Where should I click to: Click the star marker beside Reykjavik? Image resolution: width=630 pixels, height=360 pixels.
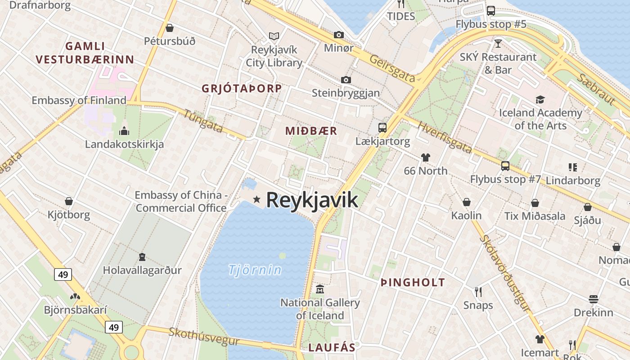[256, 199]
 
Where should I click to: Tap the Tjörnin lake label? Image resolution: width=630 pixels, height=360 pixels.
[255, 270]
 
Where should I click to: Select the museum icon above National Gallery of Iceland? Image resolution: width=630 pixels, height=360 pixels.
[320, 288]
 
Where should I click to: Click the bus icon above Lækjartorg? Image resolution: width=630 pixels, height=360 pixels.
[382, 127]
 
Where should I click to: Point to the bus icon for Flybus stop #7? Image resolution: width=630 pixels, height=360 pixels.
[505, 166]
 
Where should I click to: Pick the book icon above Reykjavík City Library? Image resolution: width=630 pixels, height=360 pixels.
[274, 36]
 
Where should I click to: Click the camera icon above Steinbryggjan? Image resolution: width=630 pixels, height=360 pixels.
[346, 80]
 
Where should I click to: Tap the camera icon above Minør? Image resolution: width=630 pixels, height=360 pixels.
[338, 35]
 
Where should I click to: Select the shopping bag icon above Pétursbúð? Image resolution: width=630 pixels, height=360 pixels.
[170, 28]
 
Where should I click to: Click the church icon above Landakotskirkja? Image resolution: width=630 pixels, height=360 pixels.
[124, 131]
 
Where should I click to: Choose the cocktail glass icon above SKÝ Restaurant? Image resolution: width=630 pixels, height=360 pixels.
[498, 44]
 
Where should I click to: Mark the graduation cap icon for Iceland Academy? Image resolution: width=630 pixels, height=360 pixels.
[540, 99]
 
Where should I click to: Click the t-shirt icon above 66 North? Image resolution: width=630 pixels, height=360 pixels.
[425, 157]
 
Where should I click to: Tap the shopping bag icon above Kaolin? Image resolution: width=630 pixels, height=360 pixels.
[467, 202]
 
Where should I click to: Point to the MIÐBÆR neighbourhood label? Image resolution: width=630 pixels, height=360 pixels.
[311, 131]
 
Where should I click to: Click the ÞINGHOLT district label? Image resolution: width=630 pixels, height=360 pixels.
[413, 283]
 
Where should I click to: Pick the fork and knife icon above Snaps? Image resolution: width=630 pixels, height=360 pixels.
[478, 292]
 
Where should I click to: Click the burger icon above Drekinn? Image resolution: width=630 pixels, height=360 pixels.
[593, 299]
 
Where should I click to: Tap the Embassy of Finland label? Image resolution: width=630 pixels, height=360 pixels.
[79, 100]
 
